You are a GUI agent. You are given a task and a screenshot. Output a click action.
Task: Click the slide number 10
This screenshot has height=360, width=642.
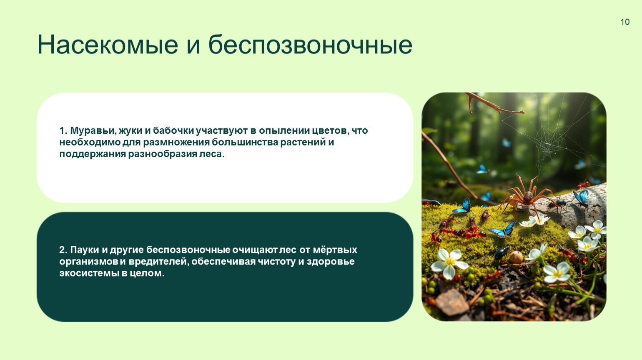625,22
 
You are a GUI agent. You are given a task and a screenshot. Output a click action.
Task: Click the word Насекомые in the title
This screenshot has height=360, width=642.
108,45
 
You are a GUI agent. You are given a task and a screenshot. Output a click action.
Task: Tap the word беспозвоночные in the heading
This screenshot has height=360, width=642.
311,45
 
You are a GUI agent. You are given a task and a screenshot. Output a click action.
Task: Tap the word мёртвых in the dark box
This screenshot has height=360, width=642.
335,250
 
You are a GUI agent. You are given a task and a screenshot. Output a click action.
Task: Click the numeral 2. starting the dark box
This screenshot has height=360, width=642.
63,250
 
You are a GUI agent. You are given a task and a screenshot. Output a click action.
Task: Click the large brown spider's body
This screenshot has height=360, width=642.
527,197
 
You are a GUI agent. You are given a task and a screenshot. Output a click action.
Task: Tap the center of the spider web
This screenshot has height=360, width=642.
548,148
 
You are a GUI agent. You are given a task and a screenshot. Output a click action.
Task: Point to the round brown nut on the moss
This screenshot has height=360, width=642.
517,257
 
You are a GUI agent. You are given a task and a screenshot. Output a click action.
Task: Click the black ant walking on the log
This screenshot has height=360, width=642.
557,204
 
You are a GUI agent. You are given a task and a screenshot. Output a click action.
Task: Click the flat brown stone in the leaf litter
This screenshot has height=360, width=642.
452,302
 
